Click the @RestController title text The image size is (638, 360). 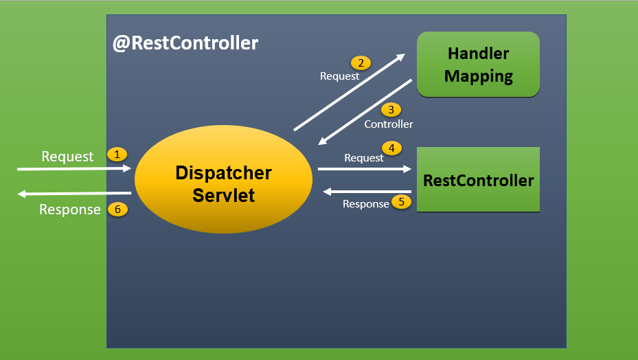click(185, 43)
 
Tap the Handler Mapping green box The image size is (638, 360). click(478, 64)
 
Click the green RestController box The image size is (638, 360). click(478, 180)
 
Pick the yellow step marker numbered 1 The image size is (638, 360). click(117, 155)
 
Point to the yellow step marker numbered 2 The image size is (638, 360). click(360, 63)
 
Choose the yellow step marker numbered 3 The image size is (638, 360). click(391, 110)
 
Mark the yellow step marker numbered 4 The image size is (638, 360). click(391, 148)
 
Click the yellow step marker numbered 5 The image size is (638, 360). click(400, 202)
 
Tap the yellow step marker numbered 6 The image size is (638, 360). click(117, 210)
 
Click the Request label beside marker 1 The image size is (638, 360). click(67, 157)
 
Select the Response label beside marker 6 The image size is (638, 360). click(69, 210)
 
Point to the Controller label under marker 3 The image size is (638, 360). click(389, 124)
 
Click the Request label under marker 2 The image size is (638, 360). click(339, 76)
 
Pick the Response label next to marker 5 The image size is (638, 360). click(365, 204)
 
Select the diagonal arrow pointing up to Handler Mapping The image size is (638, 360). click(349, 93)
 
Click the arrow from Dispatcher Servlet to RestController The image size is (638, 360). click(364, 168)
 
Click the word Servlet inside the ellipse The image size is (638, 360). click(223, 195)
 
